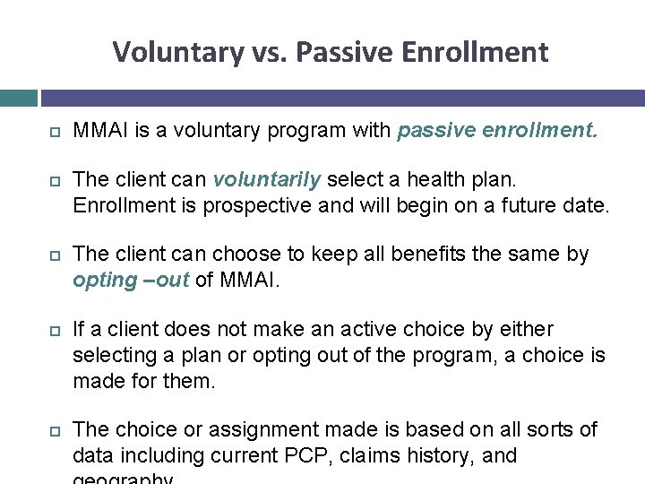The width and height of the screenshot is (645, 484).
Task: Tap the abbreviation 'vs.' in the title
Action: coord(267,53)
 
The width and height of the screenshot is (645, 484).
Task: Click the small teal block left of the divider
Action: coord(18,98)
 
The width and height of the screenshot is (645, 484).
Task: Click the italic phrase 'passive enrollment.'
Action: coord(497,131)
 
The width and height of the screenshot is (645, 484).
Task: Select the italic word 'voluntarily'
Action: coord(266,179)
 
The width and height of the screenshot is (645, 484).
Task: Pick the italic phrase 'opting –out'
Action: coord(131,280)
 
